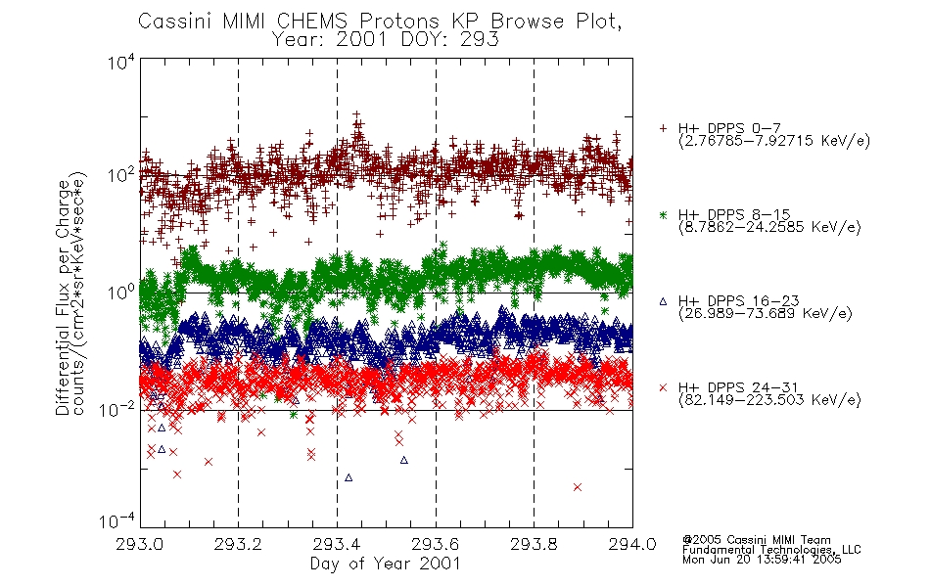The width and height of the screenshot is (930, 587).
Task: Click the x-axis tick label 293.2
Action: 238,544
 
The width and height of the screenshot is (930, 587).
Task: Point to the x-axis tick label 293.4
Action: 337,544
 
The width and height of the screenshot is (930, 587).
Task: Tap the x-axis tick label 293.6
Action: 436,544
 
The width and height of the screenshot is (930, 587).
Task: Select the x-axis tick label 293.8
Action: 534,544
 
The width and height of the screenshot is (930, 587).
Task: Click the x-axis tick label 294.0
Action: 632,544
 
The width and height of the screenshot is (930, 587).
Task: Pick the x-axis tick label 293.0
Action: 140,544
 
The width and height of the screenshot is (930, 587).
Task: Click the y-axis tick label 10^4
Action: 121,63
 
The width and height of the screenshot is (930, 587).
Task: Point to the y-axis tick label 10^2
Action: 121,176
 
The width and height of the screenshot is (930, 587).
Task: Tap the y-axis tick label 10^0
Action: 121,293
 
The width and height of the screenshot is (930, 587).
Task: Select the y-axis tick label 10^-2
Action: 117,409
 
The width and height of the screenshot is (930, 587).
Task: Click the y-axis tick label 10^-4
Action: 117,521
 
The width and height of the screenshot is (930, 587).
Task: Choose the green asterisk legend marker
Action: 663,215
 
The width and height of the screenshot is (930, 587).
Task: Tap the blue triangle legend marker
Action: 663,301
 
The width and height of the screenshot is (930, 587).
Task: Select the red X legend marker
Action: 663,387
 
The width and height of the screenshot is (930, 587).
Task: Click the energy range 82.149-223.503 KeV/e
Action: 769,400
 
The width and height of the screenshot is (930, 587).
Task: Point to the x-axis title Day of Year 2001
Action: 386,564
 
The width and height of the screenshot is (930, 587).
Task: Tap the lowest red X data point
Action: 578,487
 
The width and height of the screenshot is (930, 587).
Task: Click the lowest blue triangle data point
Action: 349,477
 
